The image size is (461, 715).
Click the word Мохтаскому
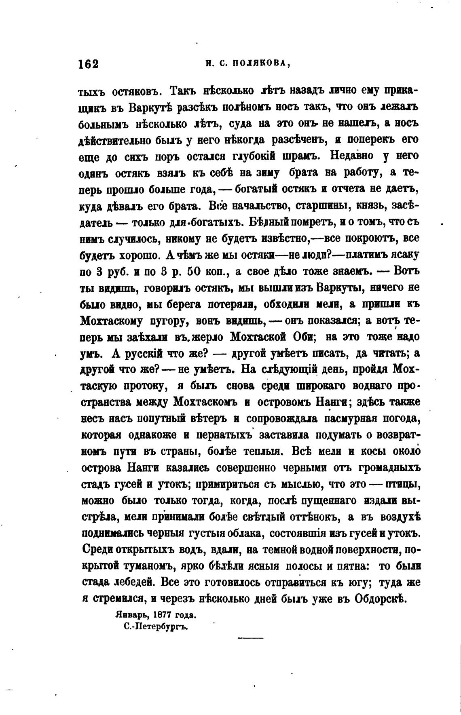click(112, 321)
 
